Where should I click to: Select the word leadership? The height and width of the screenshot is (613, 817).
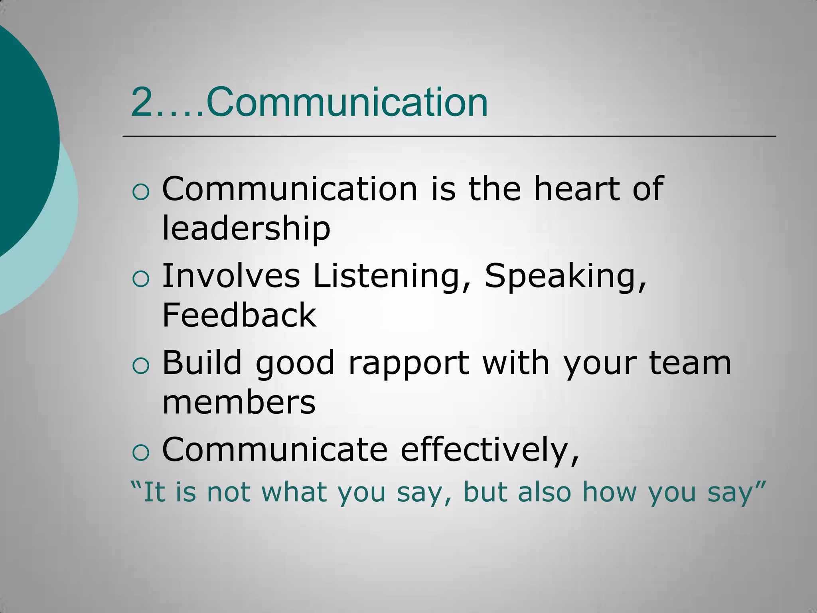(246, 229)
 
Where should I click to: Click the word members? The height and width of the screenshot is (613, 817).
(239, 402)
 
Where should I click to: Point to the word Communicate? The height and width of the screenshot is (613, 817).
(275, 449)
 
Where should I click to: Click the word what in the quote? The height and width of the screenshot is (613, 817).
(294, 492)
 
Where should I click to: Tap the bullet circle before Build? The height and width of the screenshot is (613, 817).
(140, 366)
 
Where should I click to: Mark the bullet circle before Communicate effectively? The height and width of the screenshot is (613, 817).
(140, 453)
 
